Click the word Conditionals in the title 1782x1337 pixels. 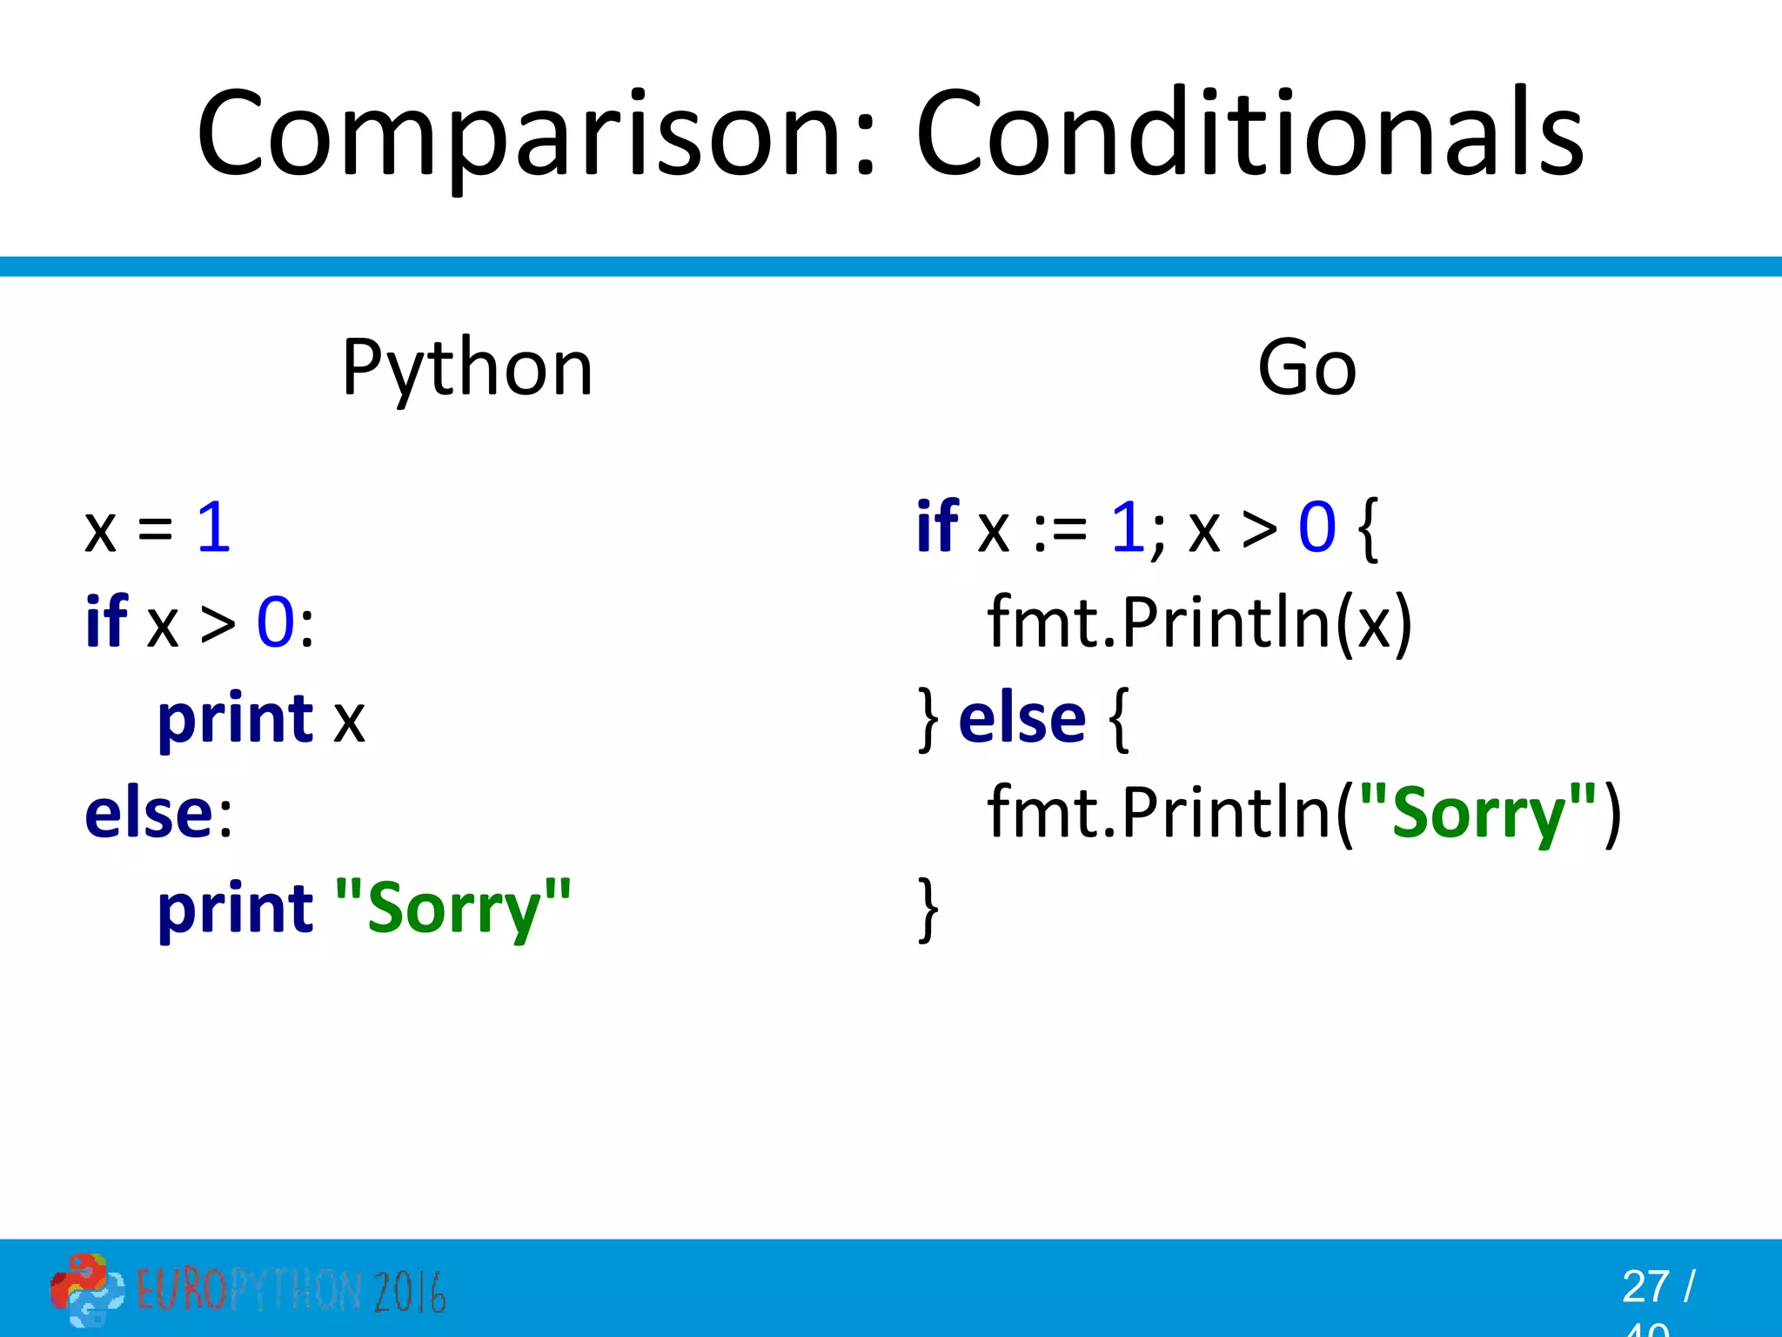point(1249,135)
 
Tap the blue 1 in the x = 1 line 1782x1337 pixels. point(213,527)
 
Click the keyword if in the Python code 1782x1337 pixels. point(106,622)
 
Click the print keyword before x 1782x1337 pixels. point(235,719)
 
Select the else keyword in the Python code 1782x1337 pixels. point(149,814)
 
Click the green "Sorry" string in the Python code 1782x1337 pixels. point(452,909)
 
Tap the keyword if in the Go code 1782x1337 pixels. point(937,527)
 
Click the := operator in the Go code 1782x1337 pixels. point(1060,529)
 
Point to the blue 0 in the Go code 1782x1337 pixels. point(1316,527)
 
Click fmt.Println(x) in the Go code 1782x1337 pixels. point(1199,622)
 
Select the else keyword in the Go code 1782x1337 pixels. point(1022,719)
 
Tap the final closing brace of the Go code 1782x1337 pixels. point(928,909)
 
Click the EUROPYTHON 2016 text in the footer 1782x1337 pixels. point(291,1291)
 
